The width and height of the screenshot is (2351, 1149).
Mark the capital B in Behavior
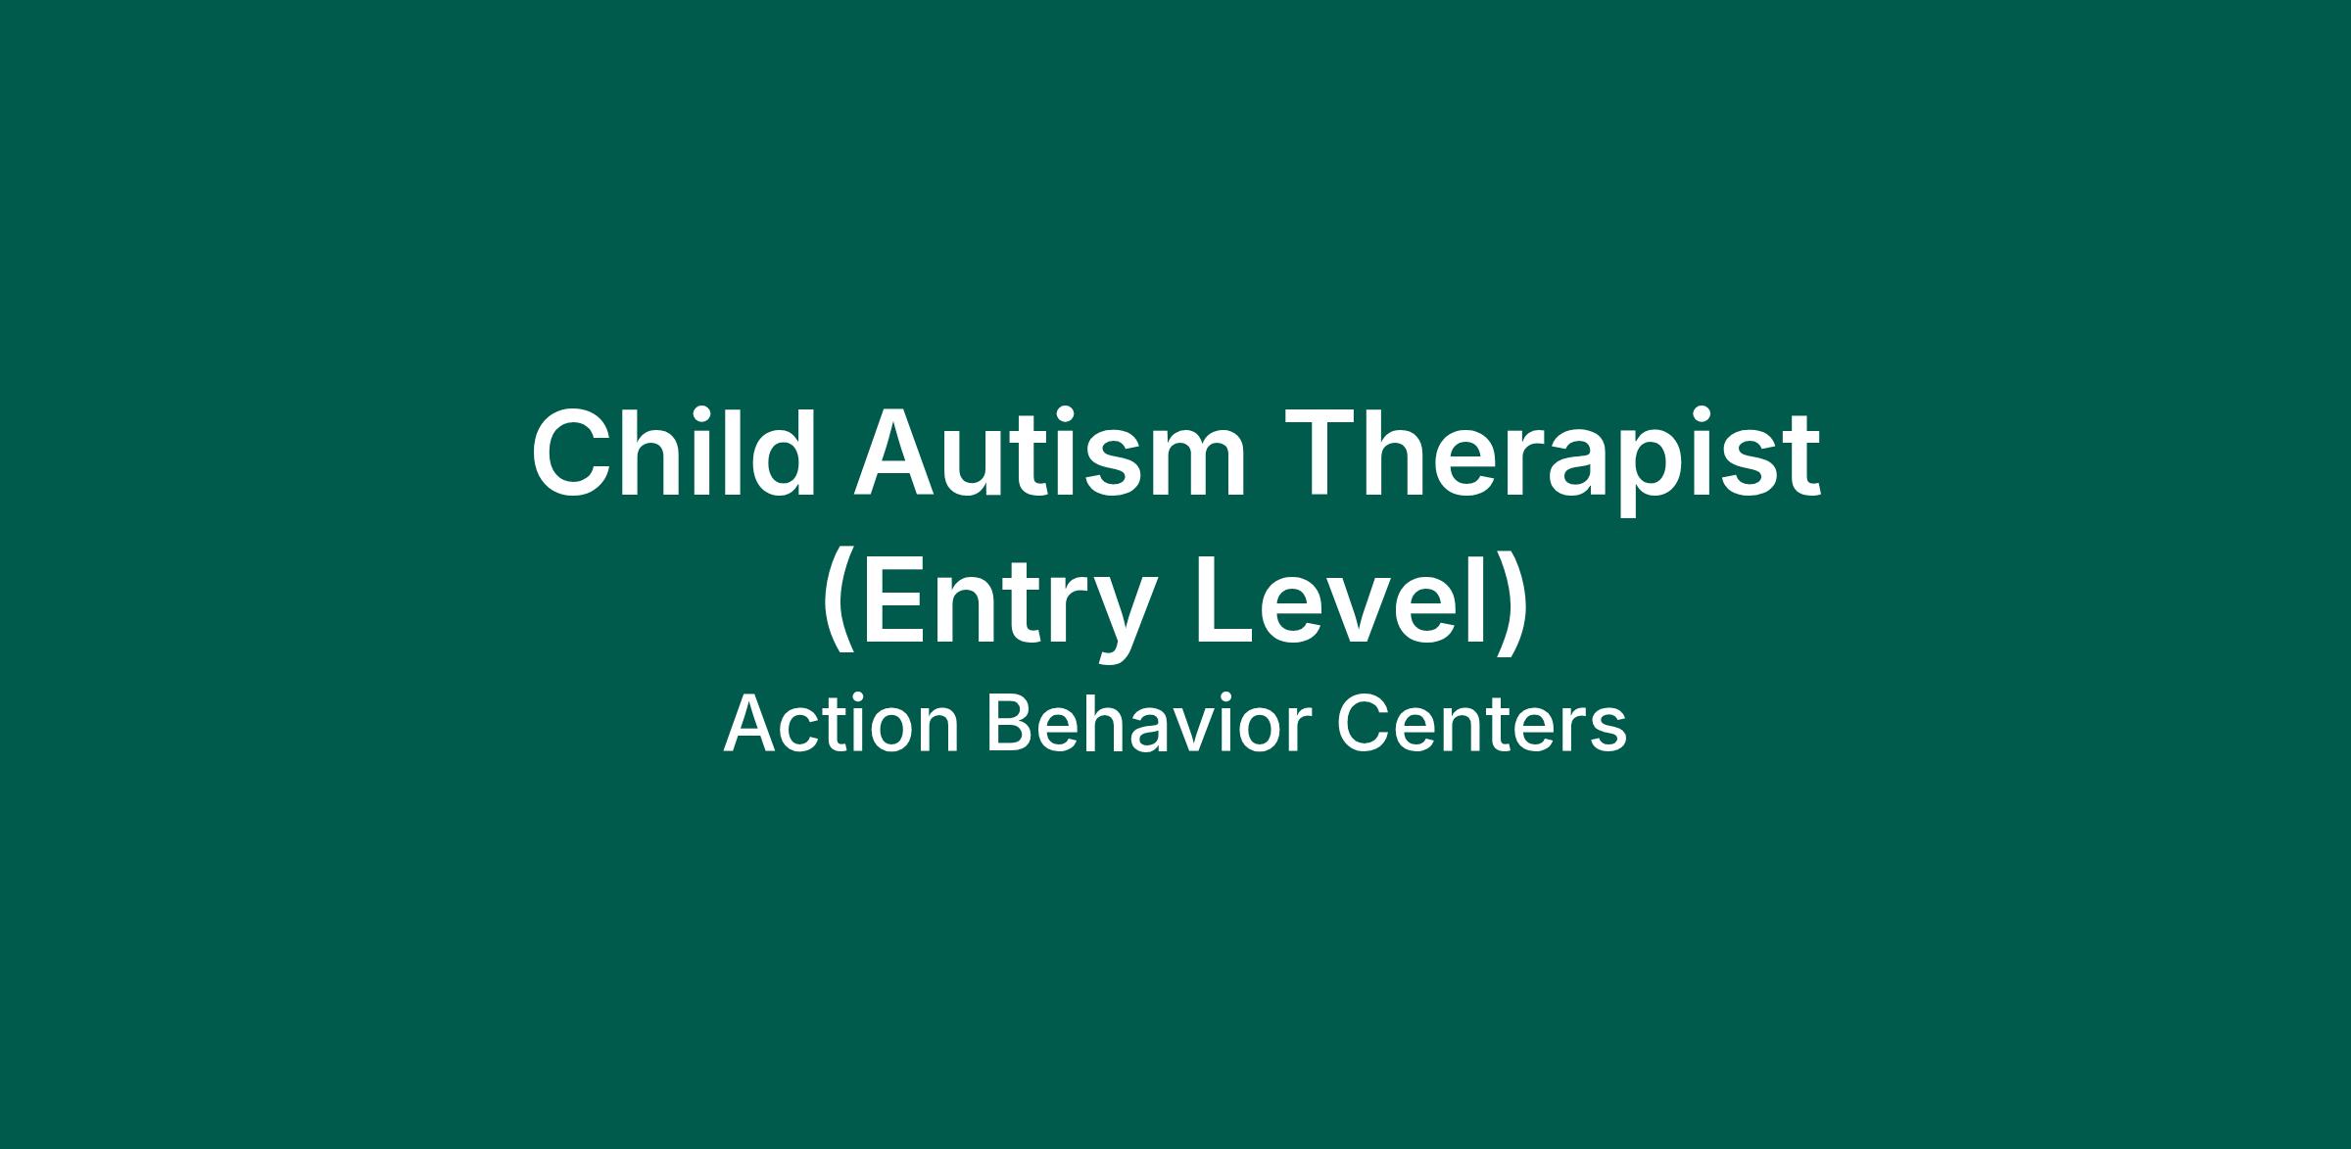tap(1008, 725)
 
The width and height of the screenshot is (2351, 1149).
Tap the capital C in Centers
tap(1363, 725)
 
